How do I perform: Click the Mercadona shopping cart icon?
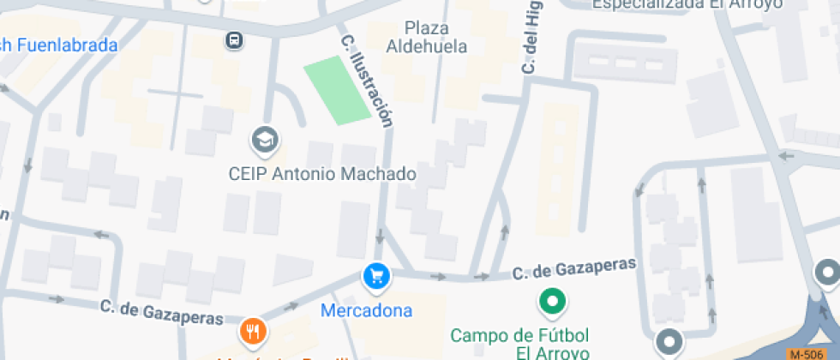click(x=377, y=276)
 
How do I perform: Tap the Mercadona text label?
click(x=366, y=310)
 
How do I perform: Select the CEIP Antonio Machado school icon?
click(x=265, y=139)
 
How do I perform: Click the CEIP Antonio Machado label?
click(x=322, y=174)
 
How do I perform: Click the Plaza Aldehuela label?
click(x=427, y=37)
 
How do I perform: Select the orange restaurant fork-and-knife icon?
click(x=252, y=330)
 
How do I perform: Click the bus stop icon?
click(x=233, y=39)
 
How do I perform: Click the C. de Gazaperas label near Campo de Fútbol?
click(x=574, y=269)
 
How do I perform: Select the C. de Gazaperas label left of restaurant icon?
click(x=161, y=310)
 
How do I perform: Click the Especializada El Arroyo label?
click(x=687, y=4)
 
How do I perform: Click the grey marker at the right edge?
click(x=827, y=275)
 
